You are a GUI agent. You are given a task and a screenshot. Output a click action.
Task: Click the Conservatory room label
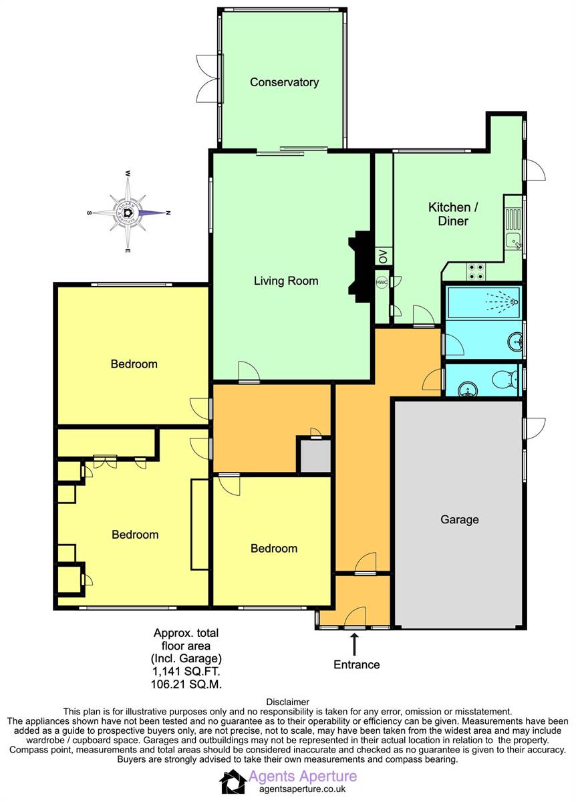284,82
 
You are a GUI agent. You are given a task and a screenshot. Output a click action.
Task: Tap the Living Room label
286,281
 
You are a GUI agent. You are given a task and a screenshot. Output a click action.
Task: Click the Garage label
460,519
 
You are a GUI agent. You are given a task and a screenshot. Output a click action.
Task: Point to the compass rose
128,213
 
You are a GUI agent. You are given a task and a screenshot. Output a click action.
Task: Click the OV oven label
383,257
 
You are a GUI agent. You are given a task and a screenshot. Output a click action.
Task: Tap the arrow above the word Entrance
354,644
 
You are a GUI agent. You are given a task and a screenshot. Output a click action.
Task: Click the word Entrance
357,664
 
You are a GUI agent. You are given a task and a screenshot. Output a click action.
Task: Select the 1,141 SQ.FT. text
186,672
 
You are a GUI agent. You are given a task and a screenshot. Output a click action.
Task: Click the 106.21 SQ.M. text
186,684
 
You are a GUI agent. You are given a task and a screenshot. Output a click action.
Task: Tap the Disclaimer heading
287,702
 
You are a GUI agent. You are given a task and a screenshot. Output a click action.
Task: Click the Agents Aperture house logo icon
233,782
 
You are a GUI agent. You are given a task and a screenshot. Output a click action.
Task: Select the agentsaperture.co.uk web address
302,789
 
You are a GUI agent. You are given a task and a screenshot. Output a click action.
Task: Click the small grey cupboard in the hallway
314,456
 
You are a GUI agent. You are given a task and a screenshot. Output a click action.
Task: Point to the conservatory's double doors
210,78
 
